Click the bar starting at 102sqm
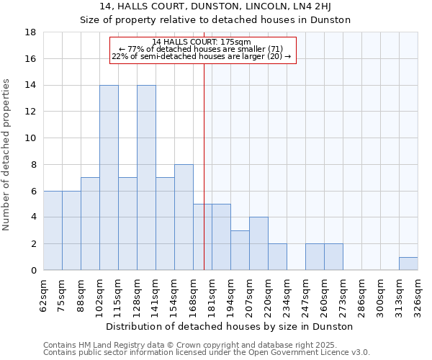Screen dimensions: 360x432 pyautogui.click(x=109, y=178)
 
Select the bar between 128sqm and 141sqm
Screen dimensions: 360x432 pyautogui.click(x=146, y=178)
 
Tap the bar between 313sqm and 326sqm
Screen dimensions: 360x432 pyautogui.click(x=408, y=264)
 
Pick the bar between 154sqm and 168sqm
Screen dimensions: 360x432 pyautogui.click(x=184, y=217)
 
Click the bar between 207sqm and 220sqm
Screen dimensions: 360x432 pyautogui.click(x=258, y=243)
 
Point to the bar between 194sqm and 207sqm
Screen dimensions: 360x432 pyautogui.click(x=240, y=251)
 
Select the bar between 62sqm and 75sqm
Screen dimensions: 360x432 pyautogui.click(x=53, y=230)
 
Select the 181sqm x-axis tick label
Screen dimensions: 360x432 pyautogui.click(x=212, y=294)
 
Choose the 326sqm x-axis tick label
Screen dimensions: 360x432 pyautogui.click(x=418, y=294)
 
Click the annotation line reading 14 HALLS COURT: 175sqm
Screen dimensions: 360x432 pyautogui.click(x=202, y=42)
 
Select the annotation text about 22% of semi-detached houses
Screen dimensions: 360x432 pyautogui.click(x=202, y=56)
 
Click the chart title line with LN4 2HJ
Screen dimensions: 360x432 pyautogui.click(x=215, y=7)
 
